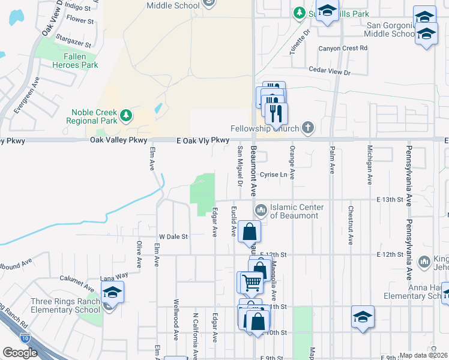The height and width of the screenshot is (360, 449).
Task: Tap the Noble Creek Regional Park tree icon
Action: coord(125,114)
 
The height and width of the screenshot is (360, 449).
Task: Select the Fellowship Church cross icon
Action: coord(308,127)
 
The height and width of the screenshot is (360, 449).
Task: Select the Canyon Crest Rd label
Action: coord(343,48)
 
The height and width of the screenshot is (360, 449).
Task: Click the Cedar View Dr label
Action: coord(329,72)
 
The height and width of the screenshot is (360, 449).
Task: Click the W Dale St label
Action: coord(173,237)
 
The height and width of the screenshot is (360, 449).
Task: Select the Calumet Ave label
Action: coord(75,278)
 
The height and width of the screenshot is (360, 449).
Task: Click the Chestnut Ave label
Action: coord(351,226)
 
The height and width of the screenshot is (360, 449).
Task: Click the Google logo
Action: coord(20,353)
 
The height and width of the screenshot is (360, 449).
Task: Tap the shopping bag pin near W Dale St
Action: coord(249,232)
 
